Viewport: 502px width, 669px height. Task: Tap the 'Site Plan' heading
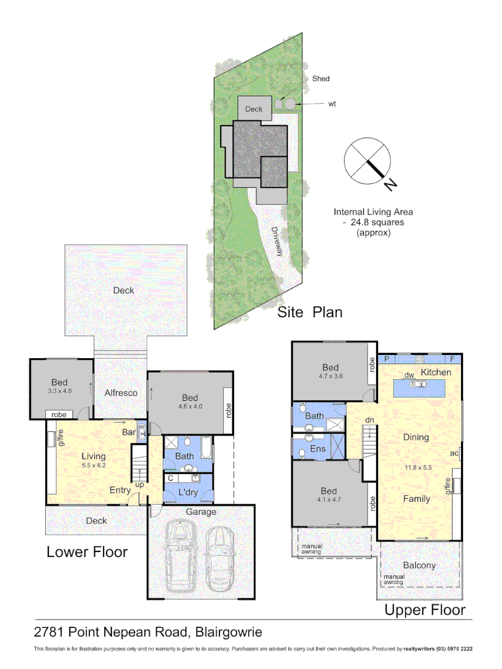click(309, 312)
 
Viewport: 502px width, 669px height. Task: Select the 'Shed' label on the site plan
click(320, 79)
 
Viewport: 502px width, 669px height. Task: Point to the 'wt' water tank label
click(332, 104)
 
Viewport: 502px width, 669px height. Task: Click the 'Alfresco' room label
click(120, 393)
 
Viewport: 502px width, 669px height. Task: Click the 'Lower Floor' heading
click(87, 551)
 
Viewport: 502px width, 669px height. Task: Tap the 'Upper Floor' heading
click(425, 610)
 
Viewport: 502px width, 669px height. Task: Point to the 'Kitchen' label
click(436, 372)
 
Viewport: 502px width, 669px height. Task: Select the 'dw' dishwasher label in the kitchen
click(409, 375)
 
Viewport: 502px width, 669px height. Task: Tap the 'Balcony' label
click(420, 565)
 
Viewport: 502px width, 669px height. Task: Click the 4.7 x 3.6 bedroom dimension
click(331, 375)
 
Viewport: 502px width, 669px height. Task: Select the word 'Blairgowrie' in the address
click(229, 632)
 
